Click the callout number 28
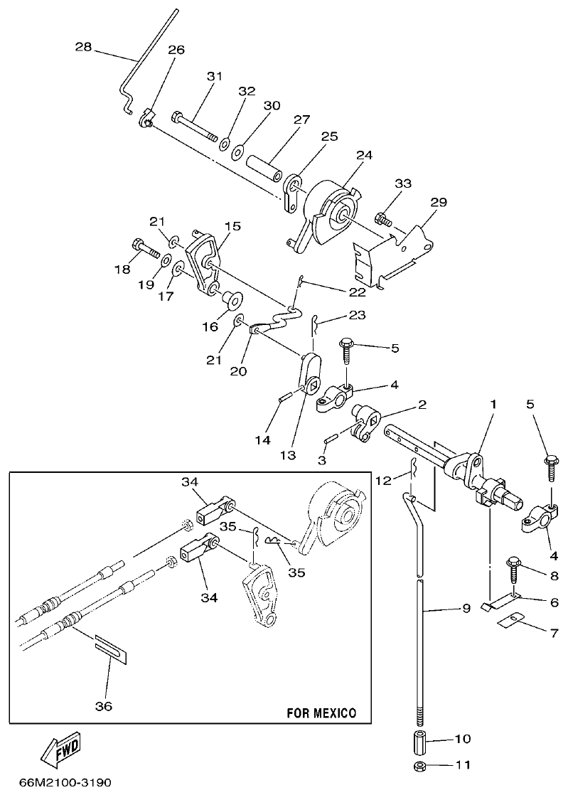[x=83, y=47]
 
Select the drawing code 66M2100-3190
[x=60, y=782]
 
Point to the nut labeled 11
[x=419, y=767]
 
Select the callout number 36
[x=104, y=706]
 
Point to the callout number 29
[x=438, y=203]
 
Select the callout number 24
[x=364, y=154]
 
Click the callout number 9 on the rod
[x=466, y=609]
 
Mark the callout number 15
[x=232, y=225]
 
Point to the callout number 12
[x=383, y=481]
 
